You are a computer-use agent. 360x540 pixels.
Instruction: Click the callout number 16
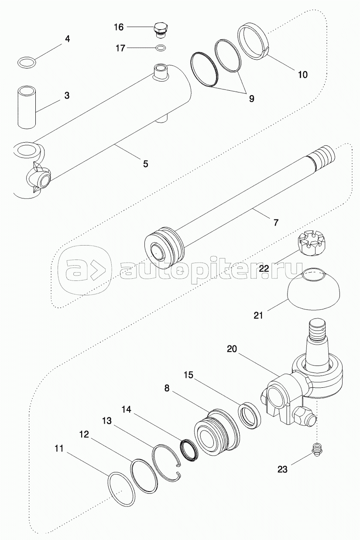click(x=119, y=27)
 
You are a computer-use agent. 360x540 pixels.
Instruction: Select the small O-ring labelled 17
click(x=161, y=48)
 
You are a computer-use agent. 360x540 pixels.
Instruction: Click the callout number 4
click(x=68, y=38)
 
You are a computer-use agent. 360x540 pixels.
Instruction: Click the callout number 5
click(x=145, y=164)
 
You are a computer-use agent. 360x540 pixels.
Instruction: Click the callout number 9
click(x=251, y=98)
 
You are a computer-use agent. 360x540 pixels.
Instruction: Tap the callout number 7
click(x=276, y=222)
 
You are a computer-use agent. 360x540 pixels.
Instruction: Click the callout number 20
click(x=232, y=349)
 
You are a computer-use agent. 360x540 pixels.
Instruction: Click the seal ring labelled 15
click(x=249, y=415)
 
